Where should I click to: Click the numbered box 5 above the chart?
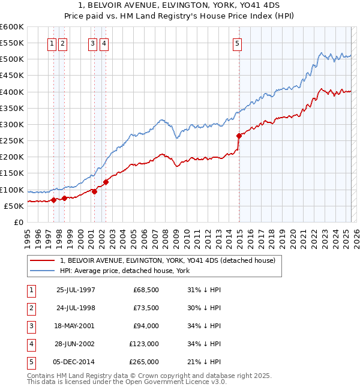(x=238, y=43)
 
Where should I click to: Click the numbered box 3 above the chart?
(x=92, y=43)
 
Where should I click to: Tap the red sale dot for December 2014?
(x=239, y=136)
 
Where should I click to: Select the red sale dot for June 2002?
(x=106, y=182)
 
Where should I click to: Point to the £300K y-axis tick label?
(x=12, y=124)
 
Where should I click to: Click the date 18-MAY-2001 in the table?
(x=76, y=326)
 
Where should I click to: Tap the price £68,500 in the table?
(x=146, y=290)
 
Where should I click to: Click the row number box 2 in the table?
(x=31, y=308)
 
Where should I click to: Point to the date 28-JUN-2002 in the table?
(x=76, y=344)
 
